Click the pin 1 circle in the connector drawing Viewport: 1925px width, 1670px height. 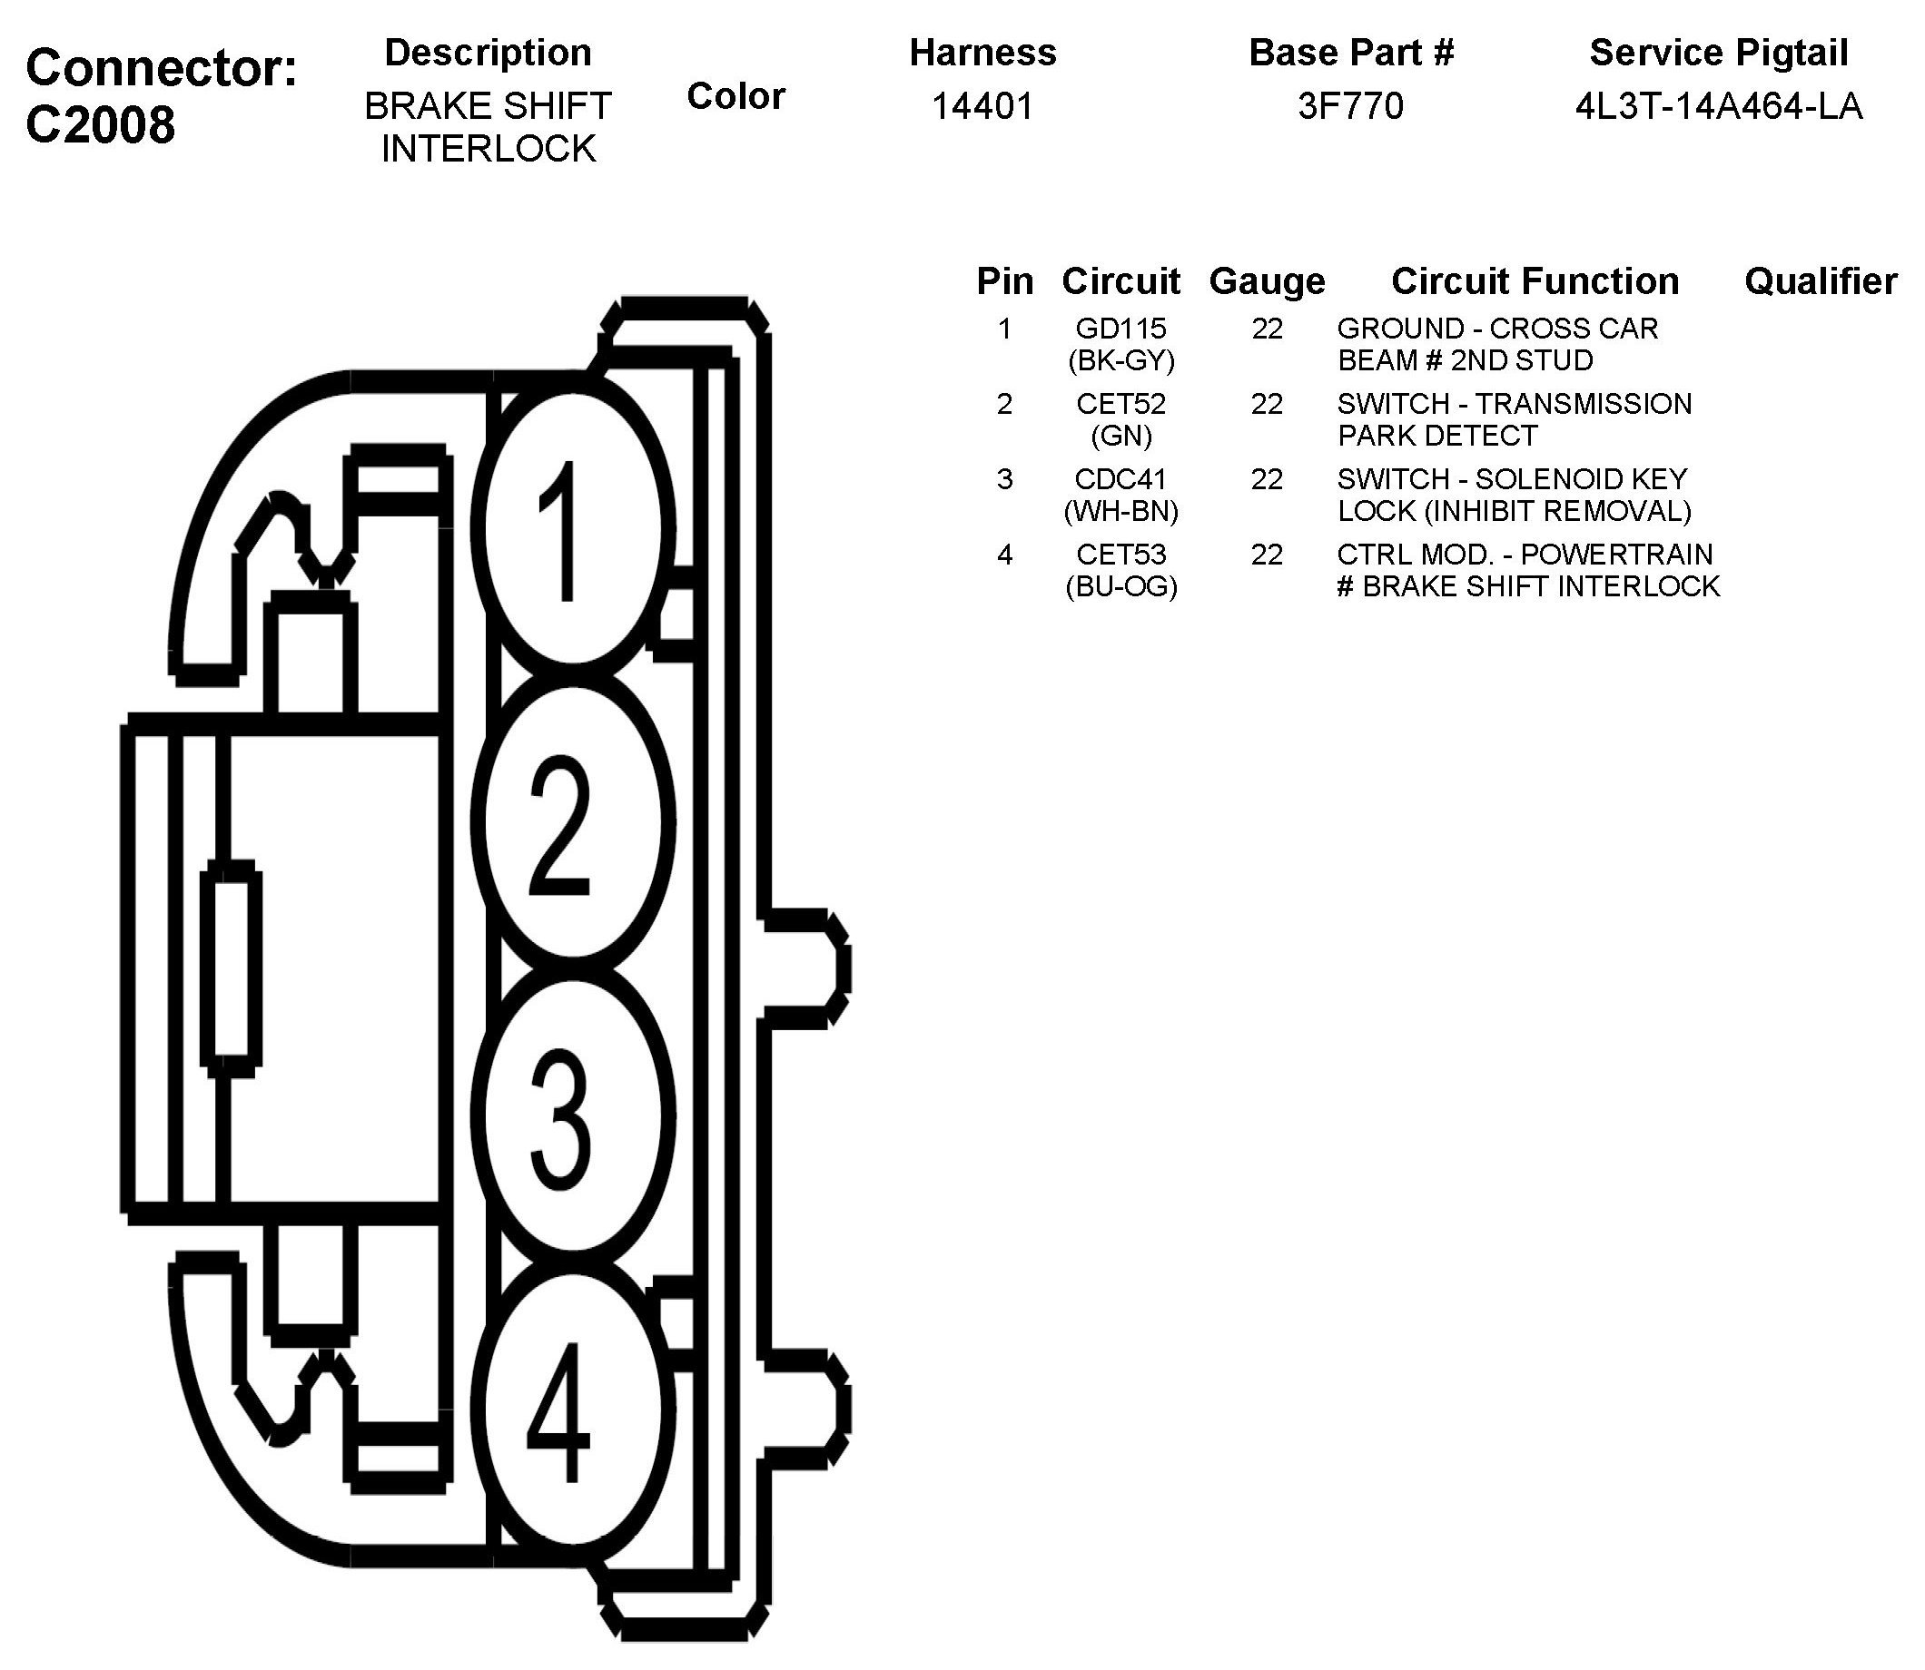pos(569,528)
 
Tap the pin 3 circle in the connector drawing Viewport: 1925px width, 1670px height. pos(569,1116)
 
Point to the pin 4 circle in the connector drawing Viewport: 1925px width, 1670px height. pos(569,1409)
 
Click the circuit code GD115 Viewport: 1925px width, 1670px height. pos(1120,328)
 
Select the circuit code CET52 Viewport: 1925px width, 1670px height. pos(1120,404)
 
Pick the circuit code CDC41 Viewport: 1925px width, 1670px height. pos(1120,479)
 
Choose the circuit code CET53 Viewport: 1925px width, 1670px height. pos(1120,555)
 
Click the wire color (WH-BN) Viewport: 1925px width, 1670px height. pos(1120,511)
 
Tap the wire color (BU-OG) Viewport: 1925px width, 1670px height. pos(1120,586)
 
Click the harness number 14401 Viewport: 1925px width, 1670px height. pos(982,106)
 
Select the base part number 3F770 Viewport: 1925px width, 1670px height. pos(1350,106)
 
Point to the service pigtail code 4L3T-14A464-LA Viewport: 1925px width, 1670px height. pos(1718,107)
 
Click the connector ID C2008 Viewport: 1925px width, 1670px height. pos(100,124)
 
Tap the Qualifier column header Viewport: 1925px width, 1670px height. pos(1820,280)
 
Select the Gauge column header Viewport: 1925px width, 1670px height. pos(1267,280)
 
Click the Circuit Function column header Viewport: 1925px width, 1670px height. pos(1535,280)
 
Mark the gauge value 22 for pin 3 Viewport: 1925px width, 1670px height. pos(1267,479)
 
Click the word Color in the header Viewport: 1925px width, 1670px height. pos(735,96)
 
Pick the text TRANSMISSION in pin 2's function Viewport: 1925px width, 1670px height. pos(1583,404)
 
